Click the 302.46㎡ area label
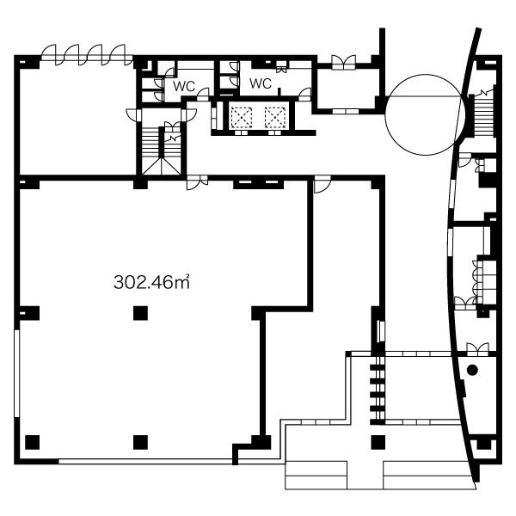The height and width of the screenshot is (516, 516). (x=151, y=282)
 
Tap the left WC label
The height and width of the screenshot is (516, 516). (x=184, y=87)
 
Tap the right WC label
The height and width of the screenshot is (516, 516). (x=261, y=83)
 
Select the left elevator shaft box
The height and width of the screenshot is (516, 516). (x=241, y=118)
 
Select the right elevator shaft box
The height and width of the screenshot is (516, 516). (x=275, y=118)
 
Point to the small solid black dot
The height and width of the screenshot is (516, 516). (x=472, y=370)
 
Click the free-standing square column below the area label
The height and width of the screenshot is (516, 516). (x=140, y=313)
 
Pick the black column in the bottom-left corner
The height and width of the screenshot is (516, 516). (x=33, y=442)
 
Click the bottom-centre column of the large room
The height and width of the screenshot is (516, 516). (x=140, y=442)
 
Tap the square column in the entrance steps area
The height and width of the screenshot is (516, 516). (x=378, y=442)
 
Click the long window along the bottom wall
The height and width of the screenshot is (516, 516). (x=145, y=461)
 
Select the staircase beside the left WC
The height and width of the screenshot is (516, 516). (x=162, y=150)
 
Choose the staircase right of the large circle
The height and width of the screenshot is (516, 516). (x=483, y=115)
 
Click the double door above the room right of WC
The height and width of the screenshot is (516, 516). (x=343, y=62)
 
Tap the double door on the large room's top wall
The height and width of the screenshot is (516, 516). (x=197, y=182)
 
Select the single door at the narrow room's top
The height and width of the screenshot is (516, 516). (x=322, y=184)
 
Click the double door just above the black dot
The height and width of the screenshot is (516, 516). (x=477, y=349)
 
